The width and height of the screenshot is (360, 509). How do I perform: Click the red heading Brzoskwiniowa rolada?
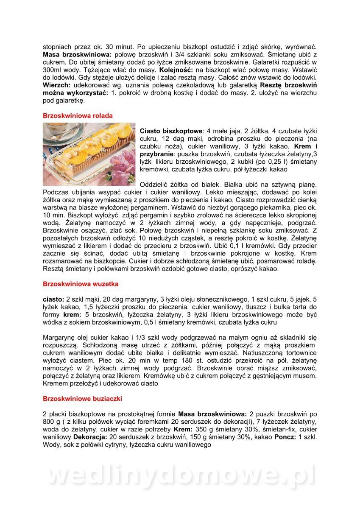pyautogui.click(x=78, y=115)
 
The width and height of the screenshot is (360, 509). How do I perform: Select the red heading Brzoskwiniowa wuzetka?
pyautogui.click(x=81, y=284)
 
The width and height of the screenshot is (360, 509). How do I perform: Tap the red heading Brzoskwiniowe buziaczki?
pyautogui.click(x=83, y=399)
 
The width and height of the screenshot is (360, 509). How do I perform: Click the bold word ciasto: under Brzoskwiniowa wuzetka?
pyautogui.click(x=53, y=299)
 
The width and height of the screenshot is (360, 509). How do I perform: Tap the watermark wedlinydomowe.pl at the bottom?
pyautogui.click(x=180, y=475)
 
